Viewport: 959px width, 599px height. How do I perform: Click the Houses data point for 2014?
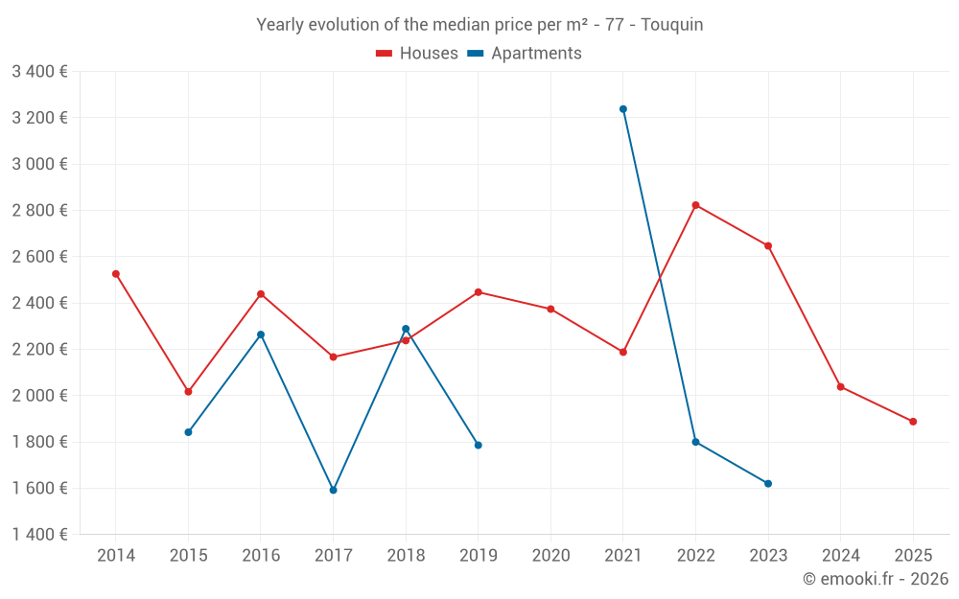(116, 274)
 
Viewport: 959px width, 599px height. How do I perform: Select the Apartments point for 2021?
(623, 109)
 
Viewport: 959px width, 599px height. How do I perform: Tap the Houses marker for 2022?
(695, 205)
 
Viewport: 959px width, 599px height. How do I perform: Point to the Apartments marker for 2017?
(333, 490)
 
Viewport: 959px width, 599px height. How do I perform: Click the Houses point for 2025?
(913, 422)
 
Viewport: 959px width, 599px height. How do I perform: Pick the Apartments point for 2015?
(188, 432)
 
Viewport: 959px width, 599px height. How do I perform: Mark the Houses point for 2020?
(550, 310)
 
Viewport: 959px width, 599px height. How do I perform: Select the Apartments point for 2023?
(768, 483)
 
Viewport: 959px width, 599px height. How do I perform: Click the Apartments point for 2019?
(478, 445)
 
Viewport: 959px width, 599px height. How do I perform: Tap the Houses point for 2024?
(841, 387)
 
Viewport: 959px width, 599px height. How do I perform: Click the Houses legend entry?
(417, 54)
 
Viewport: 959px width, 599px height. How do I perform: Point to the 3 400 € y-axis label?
(39, 72)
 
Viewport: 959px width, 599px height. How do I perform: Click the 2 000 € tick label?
(39, 396)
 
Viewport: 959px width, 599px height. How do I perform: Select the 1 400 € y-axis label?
(39, 535)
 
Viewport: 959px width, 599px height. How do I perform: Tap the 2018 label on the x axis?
(406, 556)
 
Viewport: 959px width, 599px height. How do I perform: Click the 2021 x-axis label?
(623, 556)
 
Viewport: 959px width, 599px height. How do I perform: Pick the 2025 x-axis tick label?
(913, 556)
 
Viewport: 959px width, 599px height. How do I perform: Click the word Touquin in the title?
(671, 25)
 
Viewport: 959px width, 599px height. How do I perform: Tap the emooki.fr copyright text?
(876, 579)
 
